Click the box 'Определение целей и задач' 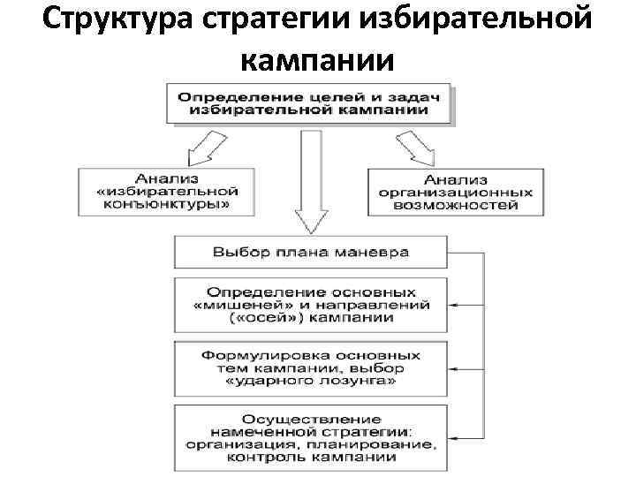click(309, 103)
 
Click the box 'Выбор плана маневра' click(310, 252)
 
